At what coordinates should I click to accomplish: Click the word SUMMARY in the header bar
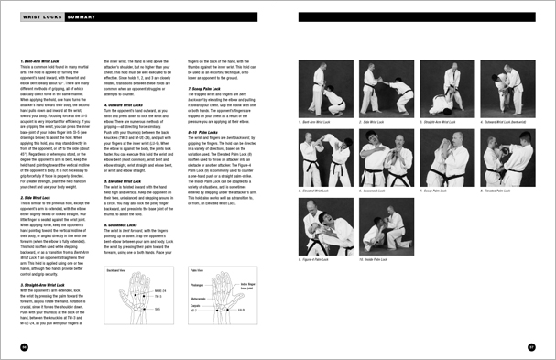click(x=82, y=16)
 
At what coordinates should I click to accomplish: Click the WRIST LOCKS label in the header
click(x=41, y=16)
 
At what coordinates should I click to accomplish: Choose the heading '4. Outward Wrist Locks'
click(x=125, y=105)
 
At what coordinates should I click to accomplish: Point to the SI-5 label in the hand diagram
click(x=157, y=308)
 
